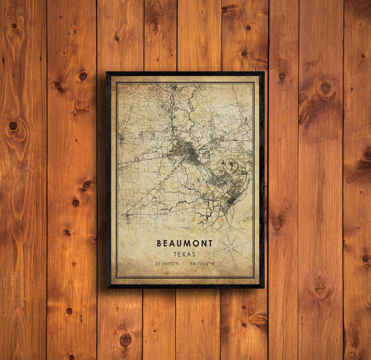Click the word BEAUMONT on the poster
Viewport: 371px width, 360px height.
click(185, 244)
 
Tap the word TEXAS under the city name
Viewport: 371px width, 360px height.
click(185, 254)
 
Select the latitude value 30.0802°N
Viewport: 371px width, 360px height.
click(167, 264)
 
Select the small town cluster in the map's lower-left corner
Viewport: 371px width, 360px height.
click(127, 216)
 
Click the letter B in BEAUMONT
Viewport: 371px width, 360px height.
click(159, 244)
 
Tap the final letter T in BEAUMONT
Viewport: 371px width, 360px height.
click(210, 244)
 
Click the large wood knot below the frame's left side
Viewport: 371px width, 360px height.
click(125, 339)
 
